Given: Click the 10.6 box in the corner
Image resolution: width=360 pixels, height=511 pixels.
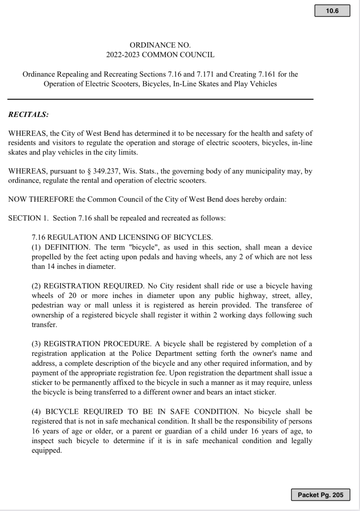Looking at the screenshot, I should coord(332,11).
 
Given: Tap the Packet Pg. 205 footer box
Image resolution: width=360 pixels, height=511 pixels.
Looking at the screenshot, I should coord(320,495).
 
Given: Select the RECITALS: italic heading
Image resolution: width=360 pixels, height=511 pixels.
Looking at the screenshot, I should coord(28,114).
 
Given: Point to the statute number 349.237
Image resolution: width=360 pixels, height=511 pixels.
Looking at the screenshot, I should coord(105,171).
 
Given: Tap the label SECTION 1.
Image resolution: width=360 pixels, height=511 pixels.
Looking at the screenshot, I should coord(28,218).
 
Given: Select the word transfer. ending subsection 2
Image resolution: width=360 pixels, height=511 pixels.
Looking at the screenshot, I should coord(44,325).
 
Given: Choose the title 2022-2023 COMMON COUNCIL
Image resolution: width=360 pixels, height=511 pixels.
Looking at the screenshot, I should coord(160,55).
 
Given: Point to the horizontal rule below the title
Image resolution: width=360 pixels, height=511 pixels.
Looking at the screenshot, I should coord(160,99).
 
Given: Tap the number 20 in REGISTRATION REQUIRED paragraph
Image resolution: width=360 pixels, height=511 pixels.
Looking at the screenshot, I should coord(72,295).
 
